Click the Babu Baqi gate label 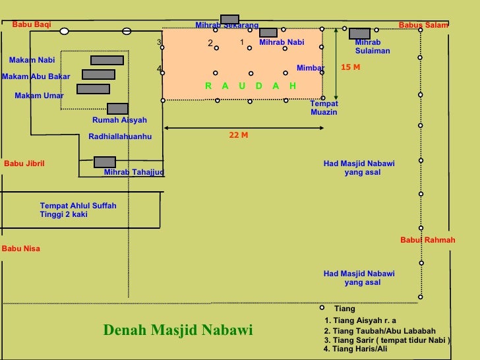[x=31, y=24]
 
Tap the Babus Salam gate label [x=423, y=25]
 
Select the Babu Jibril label [x=24, y=164]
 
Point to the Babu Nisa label [x=21, y=249]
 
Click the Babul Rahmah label [x=427, y=240]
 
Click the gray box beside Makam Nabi [x=107, y=60]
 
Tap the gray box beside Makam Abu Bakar [x=98, y=75]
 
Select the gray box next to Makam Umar [x=93, y=89]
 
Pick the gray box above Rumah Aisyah [x=117, y=109]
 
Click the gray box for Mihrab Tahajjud [x=105, y=162]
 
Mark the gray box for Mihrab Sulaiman [x=359, y=34]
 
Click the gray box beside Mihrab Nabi [x=268, y=32]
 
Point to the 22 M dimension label [x=239, y=135]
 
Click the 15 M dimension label [x=350, y=68]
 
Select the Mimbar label [x=310, y=68]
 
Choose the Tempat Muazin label [x=324, y=108]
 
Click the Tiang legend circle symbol [x=322, y=308]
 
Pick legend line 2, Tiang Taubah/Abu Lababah [x=380, y=331]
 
